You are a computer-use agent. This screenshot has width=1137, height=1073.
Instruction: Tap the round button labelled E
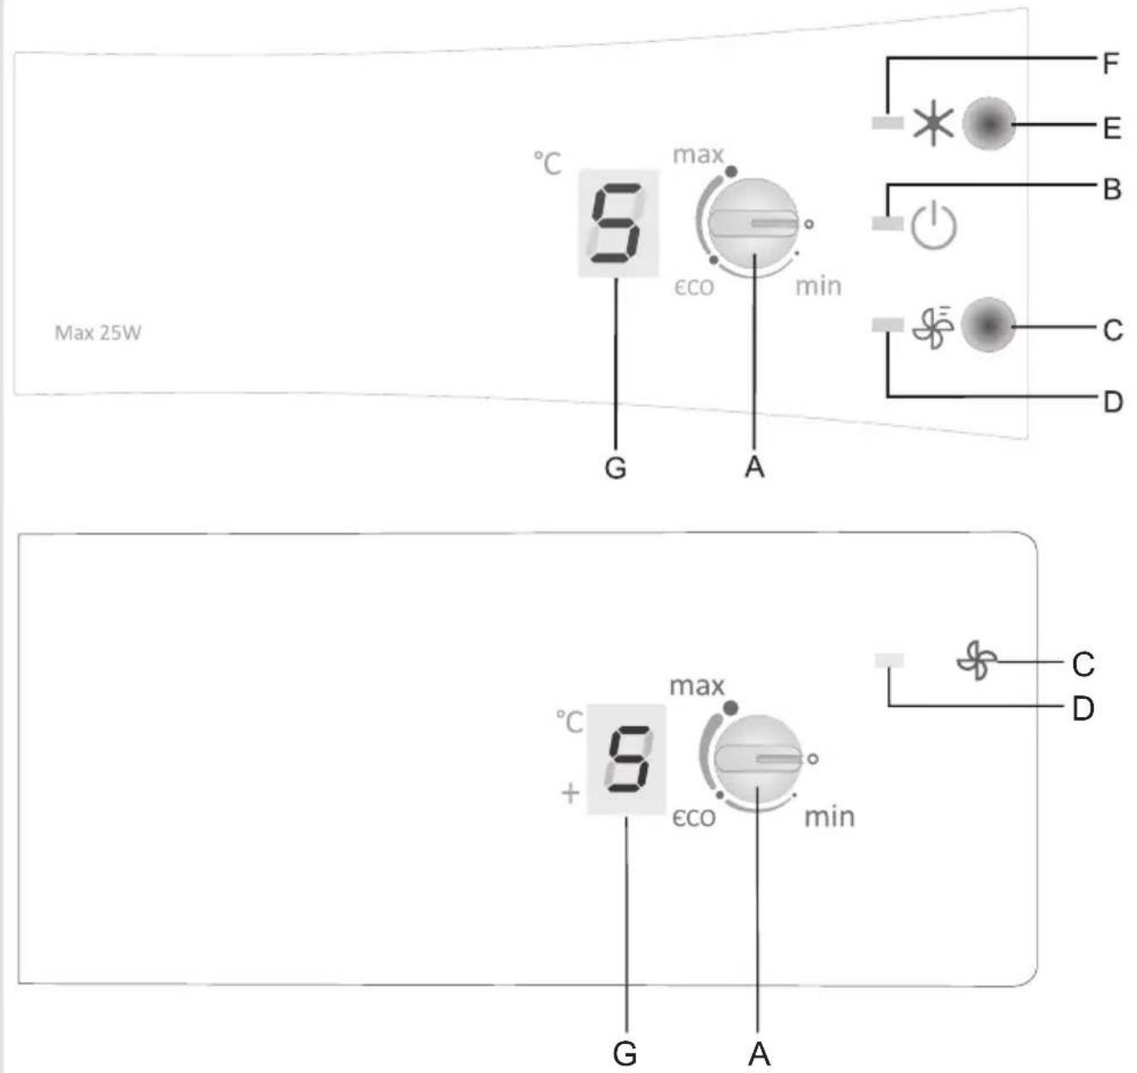(989, 123)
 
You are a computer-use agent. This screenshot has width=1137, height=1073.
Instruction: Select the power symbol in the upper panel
(933, 225)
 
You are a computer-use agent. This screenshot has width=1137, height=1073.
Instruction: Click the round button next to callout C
(988, 325)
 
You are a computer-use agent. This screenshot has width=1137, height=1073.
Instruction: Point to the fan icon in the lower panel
(977, 661)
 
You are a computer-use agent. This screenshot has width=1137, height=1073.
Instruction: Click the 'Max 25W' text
(98, 333)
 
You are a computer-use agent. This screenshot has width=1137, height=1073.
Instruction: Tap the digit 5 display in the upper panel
(618, 223)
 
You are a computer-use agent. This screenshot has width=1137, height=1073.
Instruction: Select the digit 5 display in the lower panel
(627, 759)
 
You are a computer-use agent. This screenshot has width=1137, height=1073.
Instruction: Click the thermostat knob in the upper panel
(753, 224)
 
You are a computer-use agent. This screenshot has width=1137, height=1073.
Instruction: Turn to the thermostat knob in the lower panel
(757, 759)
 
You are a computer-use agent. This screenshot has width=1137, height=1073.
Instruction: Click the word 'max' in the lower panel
(697, 686)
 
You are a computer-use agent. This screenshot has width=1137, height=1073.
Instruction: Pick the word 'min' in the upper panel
(819, 286)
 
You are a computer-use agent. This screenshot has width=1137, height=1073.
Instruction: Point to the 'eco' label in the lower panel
(694, 818)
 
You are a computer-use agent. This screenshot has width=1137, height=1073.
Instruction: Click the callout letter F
(1110, 63)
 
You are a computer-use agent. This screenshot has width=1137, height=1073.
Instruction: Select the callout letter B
(1111, 189)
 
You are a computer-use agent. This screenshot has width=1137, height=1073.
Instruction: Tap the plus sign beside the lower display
(570, 793)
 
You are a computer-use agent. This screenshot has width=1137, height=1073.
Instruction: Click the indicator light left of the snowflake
(887, 122)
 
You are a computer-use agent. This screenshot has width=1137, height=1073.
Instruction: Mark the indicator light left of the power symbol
(887, 223)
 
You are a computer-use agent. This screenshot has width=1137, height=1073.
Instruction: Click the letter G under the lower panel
(625, 1053)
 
